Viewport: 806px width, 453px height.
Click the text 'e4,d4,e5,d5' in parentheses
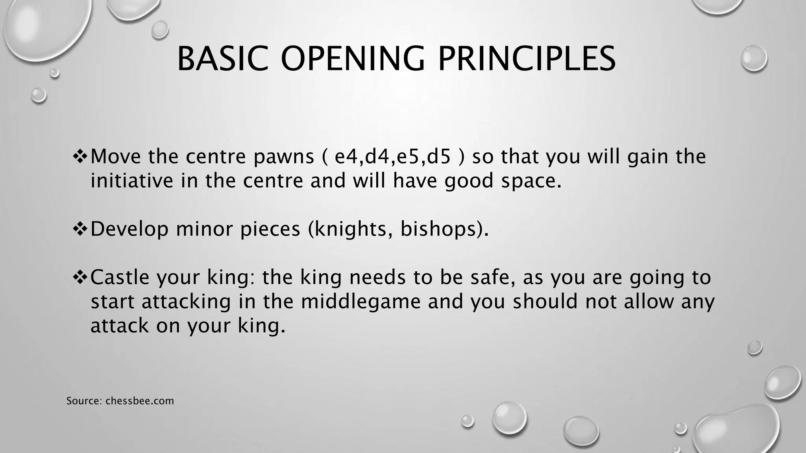coord(392,157)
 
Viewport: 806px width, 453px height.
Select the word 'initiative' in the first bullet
coord(132,181)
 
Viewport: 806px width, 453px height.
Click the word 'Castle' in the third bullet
coord(120,277)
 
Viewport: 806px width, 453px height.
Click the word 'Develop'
coord(129,229)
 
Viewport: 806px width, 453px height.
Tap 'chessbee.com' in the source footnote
coord(140,401)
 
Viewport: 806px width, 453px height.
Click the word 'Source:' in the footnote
coord(84,401)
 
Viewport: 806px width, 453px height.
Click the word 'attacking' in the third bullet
coord(186,302)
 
